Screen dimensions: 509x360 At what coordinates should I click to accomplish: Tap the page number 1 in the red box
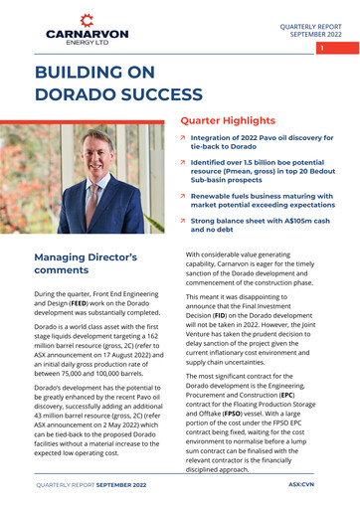(322, 47)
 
